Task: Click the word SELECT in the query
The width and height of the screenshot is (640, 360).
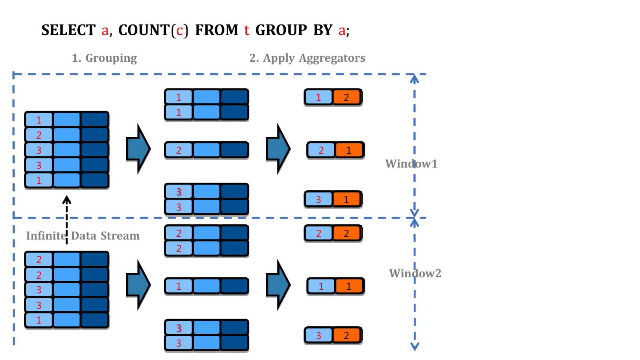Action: (68, 30)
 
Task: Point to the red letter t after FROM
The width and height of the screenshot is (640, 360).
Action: (247, 30)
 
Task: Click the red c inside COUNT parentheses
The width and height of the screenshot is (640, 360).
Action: (180, 30)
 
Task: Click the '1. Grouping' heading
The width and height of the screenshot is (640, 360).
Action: (104, 58)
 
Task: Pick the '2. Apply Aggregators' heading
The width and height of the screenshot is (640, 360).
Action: (307, 58)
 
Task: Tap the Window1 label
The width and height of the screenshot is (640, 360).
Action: (411, 164)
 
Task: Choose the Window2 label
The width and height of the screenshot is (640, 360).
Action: (415, 273)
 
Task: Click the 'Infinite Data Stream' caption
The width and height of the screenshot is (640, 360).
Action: (83, 236)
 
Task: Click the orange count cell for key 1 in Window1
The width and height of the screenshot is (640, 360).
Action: (347, 97)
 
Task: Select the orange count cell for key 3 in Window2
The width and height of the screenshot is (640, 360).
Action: (347, 336)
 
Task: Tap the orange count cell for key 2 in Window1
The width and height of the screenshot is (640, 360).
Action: (349, 150)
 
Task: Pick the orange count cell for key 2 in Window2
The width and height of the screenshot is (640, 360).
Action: (347, 233)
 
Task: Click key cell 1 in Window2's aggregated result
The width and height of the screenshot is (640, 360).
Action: (321, 286)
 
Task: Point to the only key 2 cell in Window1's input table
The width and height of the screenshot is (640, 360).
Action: (39, 135)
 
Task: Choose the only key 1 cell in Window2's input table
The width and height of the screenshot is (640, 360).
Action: (39, 320)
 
